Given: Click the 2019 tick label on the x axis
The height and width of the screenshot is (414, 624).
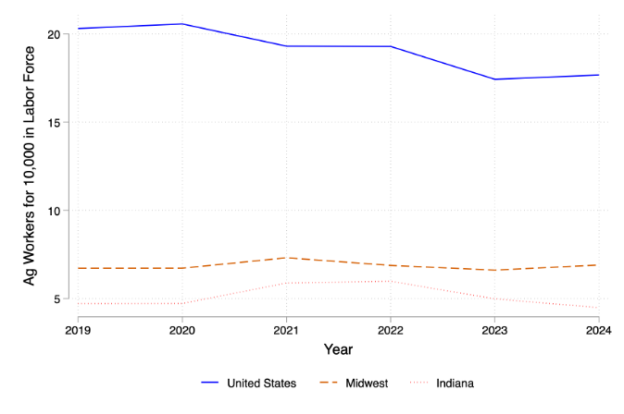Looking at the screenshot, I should click(x=78, y=329).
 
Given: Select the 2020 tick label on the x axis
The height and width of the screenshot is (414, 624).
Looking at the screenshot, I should click(x=181, y=329).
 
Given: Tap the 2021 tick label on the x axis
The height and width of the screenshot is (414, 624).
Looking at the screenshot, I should click(x=286, y=329).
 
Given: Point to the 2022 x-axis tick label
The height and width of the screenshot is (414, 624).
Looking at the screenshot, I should click(x=391, y=329).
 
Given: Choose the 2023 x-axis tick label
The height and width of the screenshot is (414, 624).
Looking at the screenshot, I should click(x=494, y=329).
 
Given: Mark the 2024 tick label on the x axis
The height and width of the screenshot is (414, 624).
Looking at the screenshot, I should click(x=598, y=329).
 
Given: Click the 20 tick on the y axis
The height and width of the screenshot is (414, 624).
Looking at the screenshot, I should click(x=54, y=34).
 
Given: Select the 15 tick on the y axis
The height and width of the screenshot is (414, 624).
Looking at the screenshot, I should click(x=54, y=122).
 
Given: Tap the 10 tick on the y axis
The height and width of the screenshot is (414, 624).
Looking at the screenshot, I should click(x=54, y=211).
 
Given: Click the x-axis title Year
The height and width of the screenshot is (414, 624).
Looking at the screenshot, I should click(x=338, y=350).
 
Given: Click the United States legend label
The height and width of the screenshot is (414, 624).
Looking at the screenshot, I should click(x=262, y=383).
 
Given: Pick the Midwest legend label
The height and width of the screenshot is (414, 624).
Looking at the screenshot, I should click(x=367, y=383).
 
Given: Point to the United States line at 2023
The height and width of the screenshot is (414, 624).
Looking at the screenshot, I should click(x=494, y=79).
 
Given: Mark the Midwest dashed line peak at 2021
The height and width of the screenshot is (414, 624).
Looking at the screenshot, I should click(x=286, y=258).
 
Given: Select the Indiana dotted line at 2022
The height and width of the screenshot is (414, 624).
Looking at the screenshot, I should click(x=391, y=281).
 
